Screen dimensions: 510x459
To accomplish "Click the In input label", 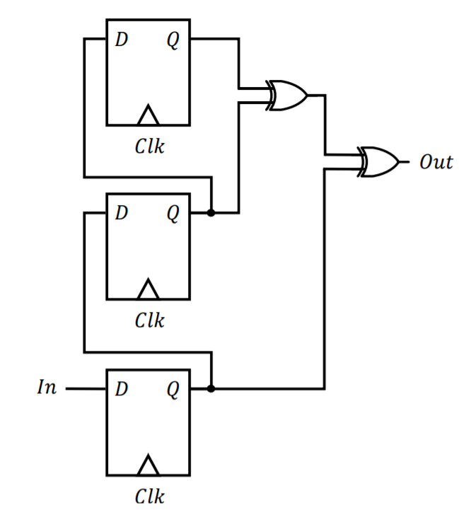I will click(47, 388).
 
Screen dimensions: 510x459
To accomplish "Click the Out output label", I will click(435, 162).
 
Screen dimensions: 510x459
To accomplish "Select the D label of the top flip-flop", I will click(121, 40).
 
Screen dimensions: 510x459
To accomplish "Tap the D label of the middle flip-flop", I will click(121, 212).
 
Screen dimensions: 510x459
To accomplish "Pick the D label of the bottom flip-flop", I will click(121, 388).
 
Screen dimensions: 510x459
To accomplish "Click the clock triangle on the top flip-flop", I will click(148, 115).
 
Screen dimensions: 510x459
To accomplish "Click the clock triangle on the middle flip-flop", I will click(148, 289).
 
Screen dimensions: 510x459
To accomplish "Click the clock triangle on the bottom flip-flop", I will click(148, 465).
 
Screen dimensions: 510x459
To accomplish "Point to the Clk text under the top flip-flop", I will click(149, 146).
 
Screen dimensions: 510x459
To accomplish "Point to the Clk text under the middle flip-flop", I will click(149, 320).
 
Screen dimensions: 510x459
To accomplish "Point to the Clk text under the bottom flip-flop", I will click(149, 496).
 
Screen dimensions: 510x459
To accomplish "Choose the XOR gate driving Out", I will click(378, 162).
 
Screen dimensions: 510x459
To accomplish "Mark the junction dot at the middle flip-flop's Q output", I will click(211, 212).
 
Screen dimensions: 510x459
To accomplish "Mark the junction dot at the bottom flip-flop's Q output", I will click(211, 388).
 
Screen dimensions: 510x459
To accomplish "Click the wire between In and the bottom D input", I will click(85, 388).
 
